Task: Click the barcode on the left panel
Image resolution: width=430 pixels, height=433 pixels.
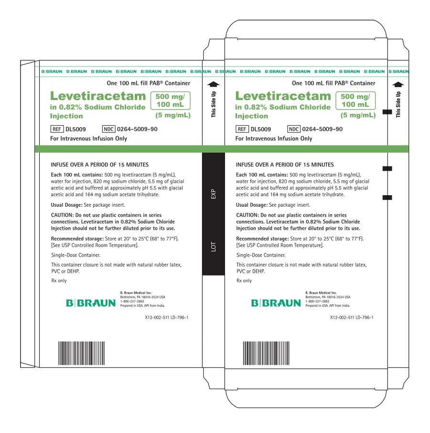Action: click(81, 353)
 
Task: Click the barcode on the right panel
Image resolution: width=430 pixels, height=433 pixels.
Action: click(266, 353)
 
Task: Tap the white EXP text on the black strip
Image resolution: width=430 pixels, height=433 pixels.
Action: click(214, 194)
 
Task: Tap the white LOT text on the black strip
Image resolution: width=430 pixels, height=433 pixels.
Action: click(214, 246)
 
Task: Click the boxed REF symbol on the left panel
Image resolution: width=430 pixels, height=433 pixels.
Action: click(57, 129)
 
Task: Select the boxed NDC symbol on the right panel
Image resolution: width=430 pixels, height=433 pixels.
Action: click(294, 129)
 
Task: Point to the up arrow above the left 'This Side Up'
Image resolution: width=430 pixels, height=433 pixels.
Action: click(214, 84)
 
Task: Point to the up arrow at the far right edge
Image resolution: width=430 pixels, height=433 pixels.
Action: click(398, 84)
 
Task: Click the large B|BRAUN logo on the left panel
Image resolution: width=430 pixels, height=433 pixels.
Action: click(91, 303)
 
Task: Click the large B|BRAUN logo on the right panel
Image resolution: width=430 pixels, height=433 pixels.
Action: click(276, 303)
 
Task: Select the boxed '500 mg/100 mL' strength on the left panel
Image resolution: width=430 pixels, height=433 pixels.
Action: click(171, 100)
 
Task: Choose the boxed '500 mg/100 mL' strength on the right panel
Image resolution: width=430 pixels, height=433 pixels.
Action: click(355, 100)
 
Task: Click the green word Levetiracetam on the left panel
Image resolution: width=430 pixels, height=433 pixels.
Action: click(98, 96)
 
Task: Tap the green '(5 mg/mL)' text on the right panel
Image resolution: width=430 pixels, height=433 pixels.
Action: click(358, 115)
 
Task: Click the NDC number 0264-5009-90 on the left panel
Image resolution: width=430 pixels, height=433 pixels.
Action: click(137, 129)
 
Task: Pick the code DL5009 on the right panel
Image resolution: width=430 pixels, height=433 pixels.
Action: click(261, 129)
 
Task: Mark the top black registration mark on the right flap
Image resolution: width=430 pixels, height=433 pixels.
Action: click(387, 112)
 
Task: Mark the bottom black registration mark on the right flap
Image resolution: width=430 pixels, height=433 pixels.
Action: click(387, 198)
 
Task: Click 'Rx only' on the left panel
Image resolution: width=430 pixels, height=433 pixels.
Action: click(59, 280)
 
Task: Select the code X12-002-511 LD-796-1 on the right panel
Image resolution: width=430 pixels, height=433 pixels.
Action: click(352, 318)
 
